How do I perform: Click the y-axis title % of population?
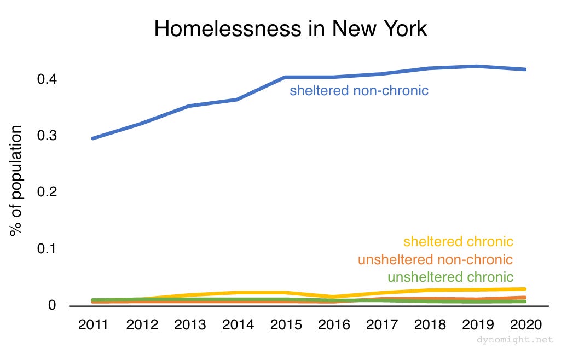(x=16, y=181)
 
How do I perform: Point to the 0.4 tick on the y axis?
(x=48, y=79)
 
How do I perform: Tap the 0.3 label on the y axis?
(x=48, y=136)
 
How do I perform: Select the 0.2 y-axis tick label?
(x=48, y=192)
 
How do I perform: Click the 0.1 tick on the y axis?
(x=48, y=249)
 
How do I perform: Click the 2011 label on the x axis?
(x=94, y=325)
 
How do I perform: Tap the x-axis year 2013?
(x=190, y=325)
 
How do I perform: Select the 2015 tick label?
(x=286, y=325)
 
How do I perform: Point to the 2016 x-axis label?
(x=334, y=325)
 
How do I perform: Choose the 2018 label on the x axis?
(x=430, y=325)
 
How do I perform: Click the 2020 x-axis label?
(x=526, y=325)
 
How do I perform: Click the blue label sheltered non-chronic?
(x=358, y=90)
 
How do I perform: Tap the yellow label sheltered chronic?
(x=458, y=241)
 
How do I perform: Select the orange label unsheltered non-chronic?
(x=435, y=259)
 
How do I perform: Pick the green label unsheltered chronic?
(x=450, y=277)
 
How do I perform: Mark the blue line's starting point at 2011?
(x=93, y=138)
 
